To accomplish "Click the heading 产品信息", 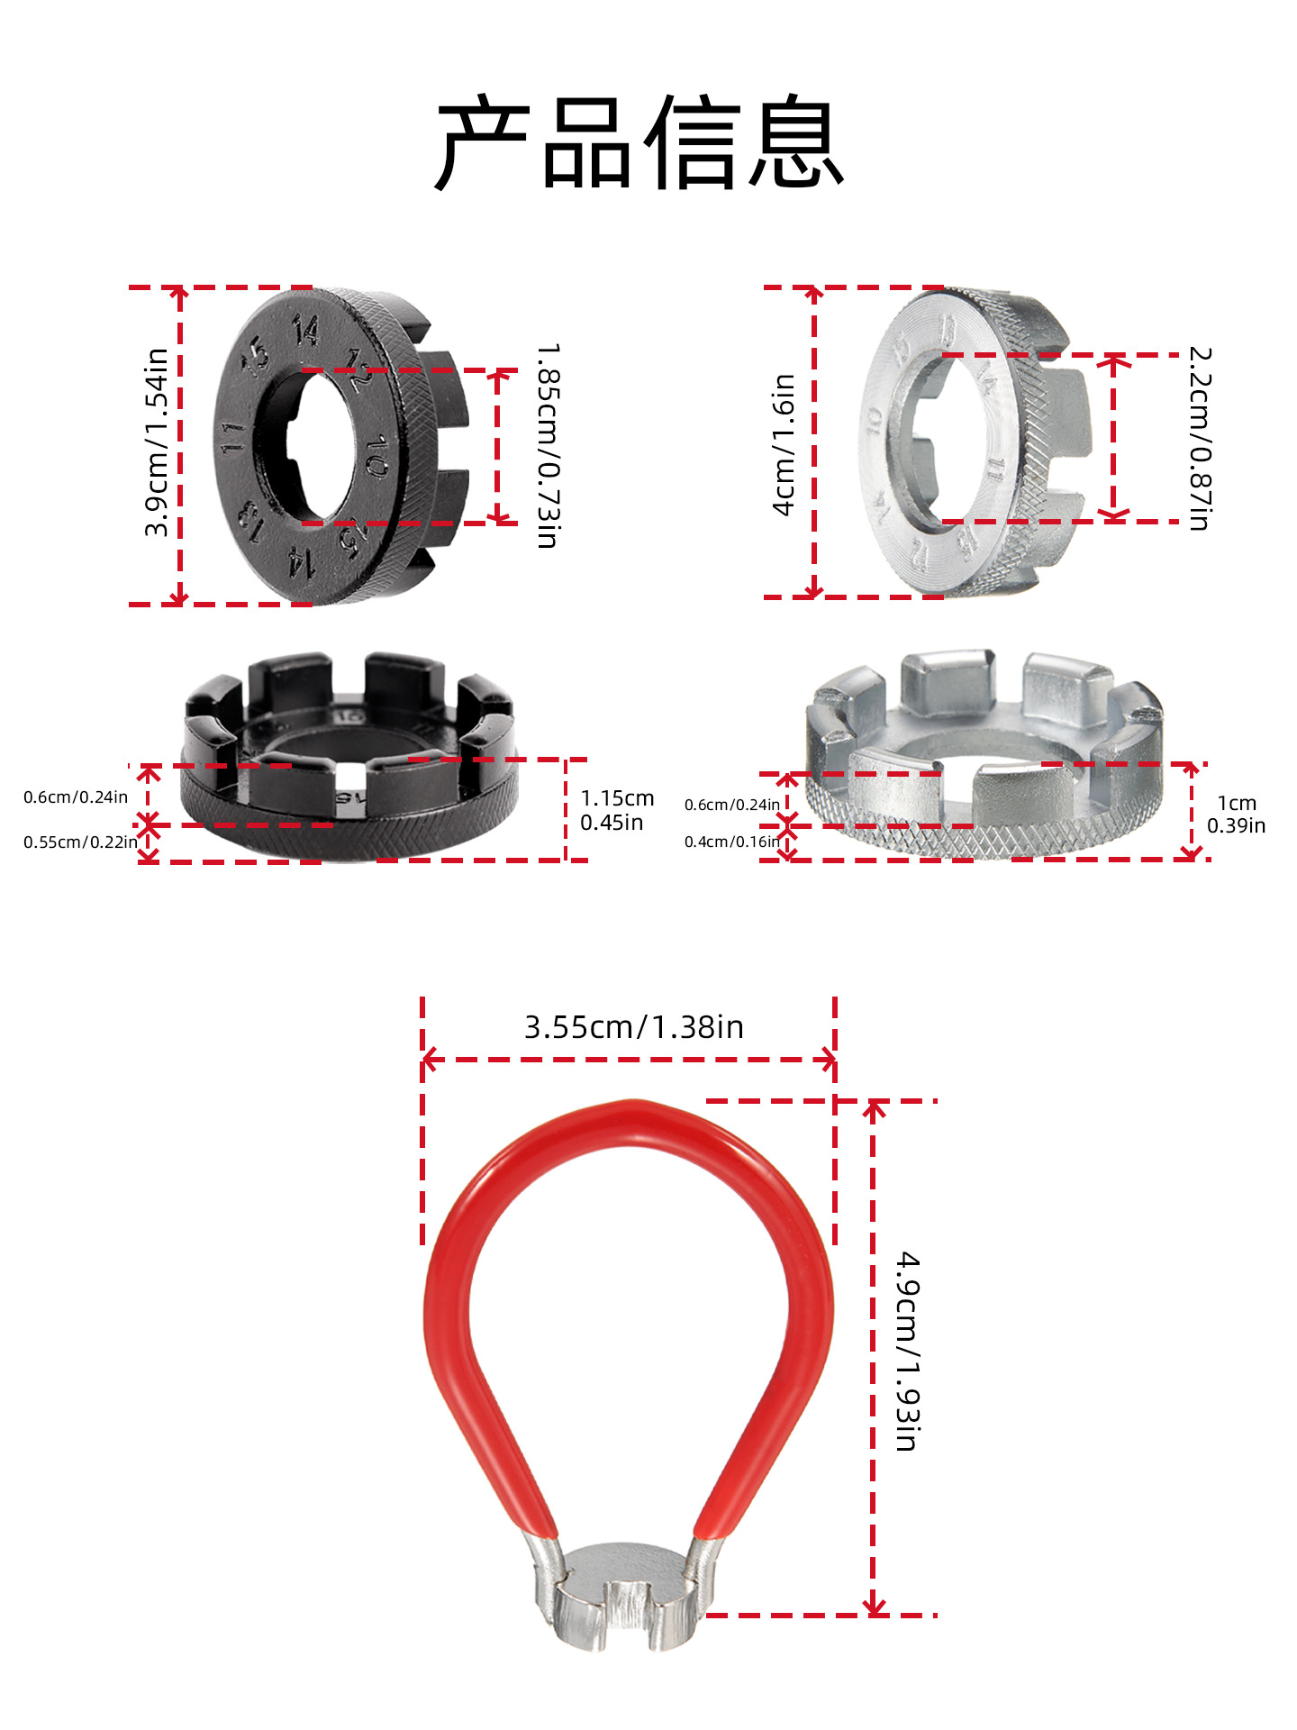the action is pyautogui.click(x=639, y=142).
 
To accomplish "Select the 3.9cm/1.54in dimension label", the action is pyautogui.click(x=157, y=442).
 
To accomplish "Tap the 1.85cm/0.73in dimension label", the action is pyautogui.click(x=548, y=445).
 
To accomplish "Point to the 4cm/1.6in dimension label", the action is pyautogui.click(x=785, y=444).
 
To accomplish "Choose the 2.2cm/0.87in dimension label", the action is pyautogui.click(x=1200, y=439).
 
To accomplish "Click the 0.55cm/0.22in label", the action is pyautogui.click(x=80, y=842).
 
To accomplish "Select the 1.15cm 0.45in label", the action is pyautogui.click(x=617, y=810).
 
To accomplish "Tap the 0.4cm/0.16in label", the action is pyautogui.click(x=731, y=842).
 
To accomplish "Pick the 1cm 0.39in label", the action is pyautogui.click(x=1236, y=814).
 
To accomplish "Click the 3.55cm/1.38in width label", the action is pyautogui.click(x=634, y=1027).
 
